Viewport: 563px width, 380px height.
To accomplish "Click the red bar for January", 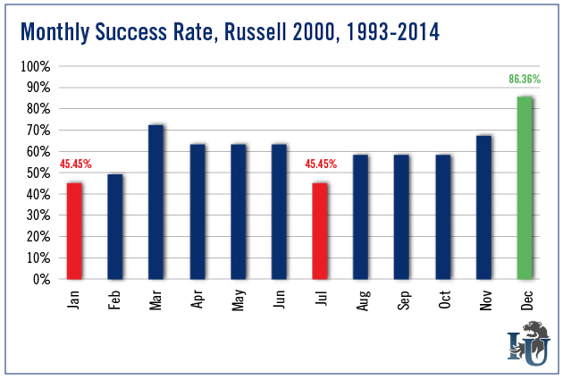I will pyautogui.click(x=74, y=231).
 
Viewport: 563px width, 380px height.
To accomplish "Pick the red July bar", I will pyautogui.click(x=320, y=231).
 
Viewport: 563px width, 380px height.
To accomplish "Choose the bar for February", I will pyautogui.click(x=114, y=226).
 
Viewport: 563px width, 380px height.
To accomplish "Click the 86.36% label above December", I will pyautogui.click(x=525, y=82).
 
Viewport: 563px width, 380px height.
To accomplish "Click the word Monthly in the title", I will pyautogui.click(x=55, y=33).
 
